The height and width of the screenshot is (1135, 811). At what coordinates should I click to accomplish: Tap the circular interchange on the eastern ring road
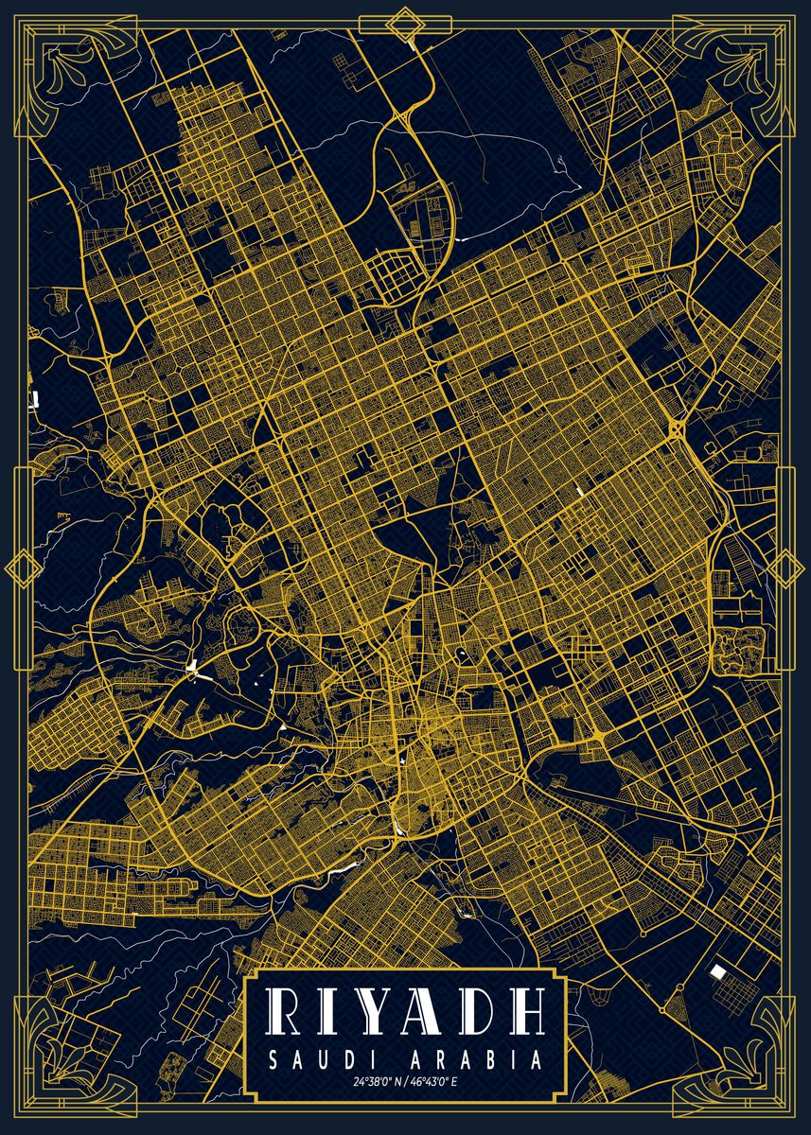point(678,429)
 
